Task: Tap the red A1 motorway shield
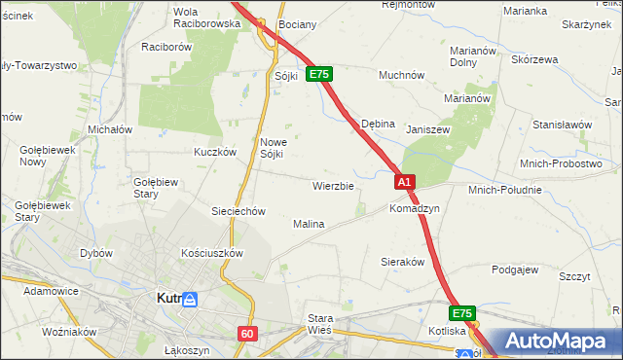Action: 406,182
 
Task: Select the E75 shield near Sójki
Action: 320,74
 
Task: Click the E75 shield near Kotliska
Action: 462,314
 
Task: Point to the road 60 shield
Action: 247,334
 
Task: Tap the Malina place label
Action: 309,224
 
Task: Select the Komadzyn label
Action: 415,209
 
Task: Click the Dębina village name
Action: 378,125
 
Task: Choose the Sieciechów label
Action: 238,211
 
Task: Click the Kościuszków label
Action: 211,252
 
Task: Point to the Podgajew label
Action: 515,270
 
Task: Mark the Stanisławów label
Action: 562,125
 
